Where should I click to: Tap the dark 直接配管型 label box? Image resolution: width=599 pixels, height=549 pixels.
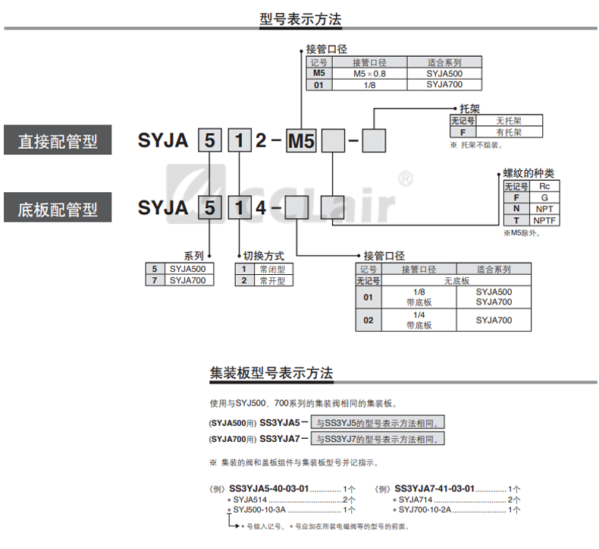pos(58,141)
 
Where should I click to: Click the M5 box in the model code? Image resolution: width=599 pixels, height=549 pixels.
pos(301,141)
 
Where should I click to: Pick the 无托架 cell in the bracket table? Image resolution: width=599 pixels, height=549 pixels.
pos(510,120)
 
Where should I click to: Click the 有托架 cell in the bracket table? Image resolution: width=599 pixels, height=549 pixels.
pos(510,131)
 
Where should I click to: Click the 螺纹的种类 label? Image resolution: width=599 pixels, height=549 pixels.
pos(528,174)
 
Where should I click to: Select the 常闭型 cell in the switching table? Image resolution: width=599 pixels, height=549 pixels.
pos(272,269)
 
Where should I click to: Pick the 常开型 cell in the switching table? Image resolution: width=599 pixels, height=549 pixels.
pos(272,280)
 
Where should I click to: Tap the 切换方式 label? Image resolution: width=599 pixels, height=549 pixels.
pos(263,256)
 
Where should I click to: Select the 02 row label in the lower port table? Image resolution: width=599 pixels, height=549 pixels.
pos(368,320)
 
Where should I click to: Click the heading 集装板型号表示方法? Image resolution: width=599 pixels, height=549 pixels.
pos(271,374)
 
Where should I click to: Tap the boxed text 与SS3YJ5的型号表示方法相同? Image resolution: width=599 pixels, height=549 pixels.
pos(379,422)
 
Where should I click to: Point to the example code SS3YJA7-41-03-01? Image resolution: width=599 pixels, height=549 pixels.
pos(435,488)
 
